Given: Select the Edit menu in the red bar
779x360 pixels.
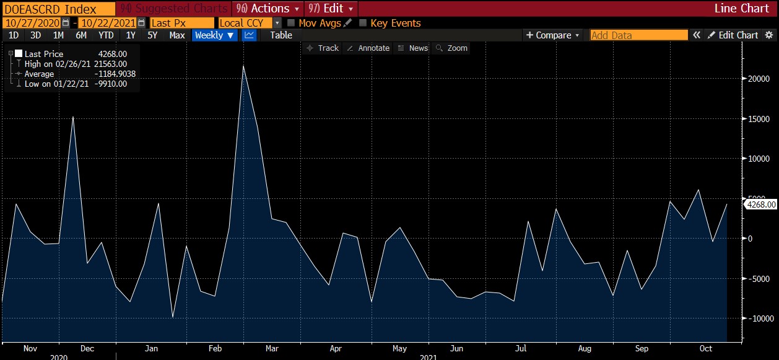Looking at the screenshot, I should (x=331, y=9).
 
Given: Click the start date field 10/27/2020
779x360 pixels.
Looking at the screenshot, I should (x=35, y=23).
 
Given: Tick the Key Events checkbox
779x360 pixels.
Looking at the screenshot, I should (x=363, y=23).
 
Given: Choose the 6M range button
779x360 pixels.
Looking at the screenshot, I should (x=81, y=35).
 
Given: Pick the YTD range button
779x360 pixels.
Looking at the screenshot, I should (x=106, y=35).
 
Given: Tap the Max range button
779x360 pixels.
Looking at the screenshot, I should (x=177, y=35).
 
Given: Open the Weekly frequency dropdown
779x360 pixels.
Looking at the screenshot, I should (x=214, y=35).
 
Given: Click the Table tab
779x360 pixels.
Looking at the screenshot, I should (x=281, y=35).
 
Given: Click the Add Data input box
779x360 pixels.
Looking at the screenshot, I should (x=638, y=35).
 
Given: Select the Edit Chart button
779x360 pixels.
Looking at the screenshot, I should (x=733, y=35).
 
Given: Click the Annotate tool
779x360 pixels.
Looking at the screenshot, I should (x=368, y=48).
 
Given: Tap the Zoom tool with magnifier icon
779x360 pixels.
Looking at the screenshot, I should (x=452, y=48).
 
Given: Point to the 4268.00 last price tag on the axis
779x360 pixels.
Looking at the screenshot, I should (x=761, y=204).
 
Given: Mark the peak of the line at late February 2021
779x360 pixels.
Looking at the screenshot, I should (x=243, y=66).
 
